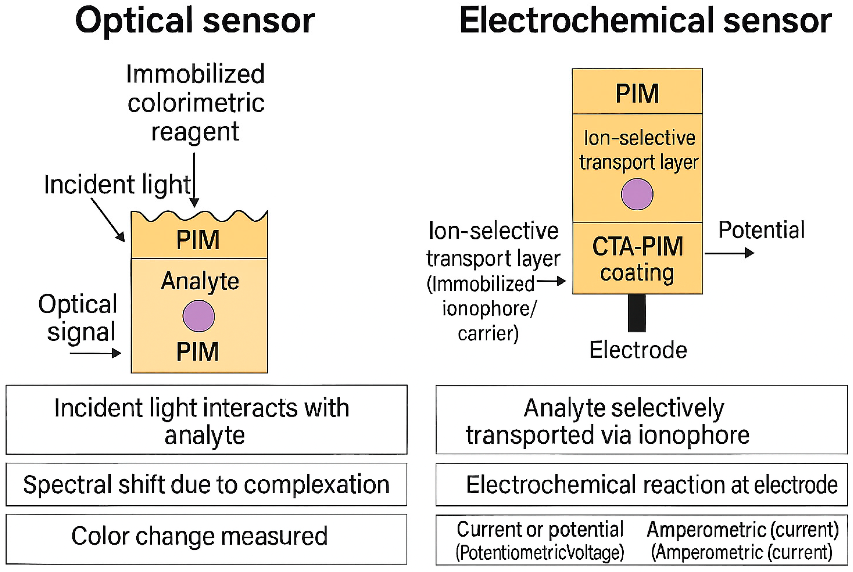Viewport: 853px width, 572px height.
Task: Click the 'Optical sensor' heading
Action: [195, 21]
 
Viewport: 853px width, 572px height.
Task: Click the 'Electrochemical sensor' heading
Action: [645, 21]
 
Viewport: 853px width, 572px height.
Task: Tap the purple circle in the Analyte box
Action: [199, 316]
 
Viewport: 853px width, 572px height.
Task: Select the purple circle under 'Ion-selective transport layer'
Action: [637, 194]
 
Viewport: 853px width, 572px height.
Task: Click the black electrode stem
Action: [637, 313]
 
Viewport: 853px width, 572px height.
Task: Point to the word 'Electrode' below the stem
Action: [638, 350]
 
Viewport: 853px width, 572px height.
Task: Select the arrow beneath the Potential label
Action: [729, 253]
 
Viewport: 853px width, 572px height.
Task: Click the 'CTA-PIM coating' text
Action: [637, 259]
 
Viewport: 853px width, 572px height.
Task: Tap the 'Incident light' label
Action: [117, 185]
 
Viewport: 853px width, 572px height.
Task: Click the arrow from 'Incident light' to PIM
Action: [108, 220]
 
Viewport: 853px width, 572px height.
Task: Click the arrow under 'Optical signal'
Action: [95, 353]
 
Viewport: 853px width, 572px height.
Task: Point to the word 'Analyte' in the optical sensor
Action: [200, 282]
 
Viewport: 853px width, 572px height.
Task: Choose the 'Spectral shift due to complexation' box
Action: [206, 484]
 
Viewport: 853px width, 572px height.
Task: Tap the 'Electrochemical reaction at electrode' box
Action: [641, 485]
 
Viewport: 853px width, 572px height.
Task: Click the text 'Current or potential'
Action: [540, 530]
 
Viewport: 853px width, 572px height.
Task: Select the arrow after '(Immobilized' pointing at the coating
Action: [551, 281]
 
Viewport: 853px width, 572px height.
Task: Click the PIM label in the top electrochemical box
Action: [637, 94]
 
